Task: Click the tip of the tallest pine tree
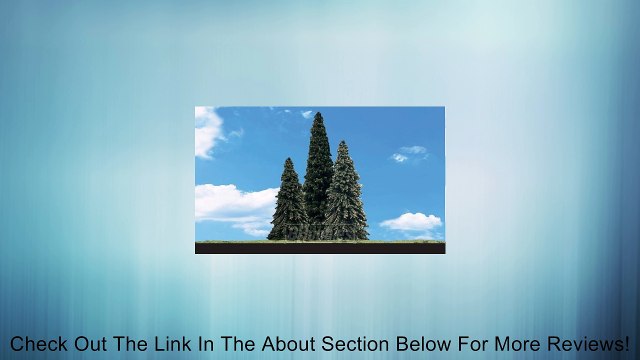tap(319, 115)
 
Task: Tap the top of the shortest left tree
tap(290, 160)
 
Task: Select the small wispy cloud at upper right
tap(410, 154)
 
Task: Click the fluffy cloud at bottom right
tap(411, 222)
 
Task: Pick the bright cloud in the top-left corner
tap(207, 131)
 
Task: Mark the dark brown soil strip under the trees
tap(319, 248)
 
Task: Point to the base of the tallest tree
tap(319, 238)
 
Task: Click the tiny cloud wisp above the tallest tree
tap(307, 113)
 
